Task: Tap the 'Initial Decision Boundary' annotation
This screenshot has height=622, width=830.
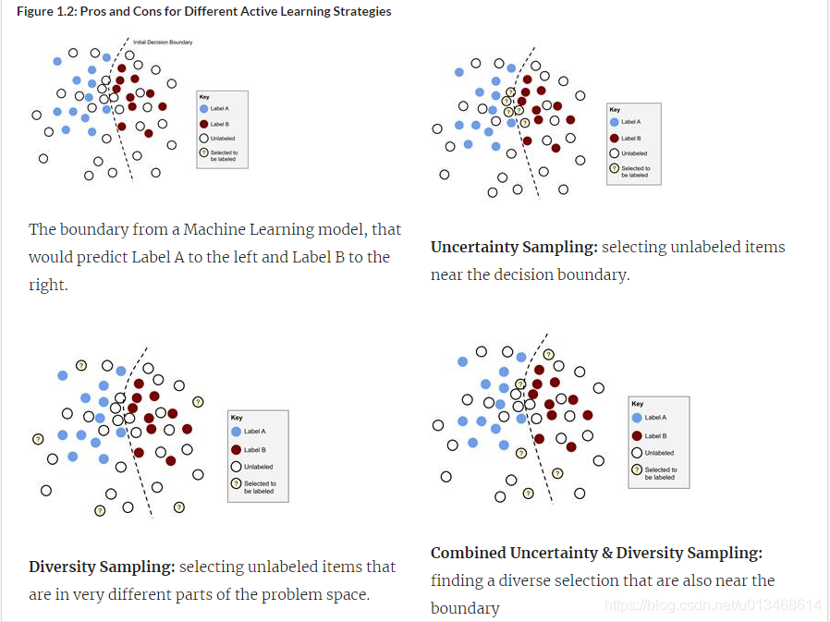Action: [x=162, y=43]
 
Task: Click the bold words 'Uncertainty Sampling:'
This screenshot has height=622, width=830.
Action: [x=514, y=248]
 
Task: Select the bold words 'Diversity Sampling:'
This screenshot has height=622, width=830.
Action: [x=102, y=567]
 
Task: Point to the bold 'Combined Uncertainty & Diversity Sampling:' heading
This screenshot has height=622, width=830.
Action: [x=596, y=553]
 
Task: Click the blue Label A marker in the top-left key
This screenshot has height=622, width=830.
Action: [x=203, y=108]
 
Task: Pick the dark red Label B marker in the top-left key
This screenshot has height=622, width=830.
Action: [x=203, y=123]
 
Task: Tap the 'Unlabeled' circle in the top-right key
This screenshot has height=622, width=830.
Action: [x=614, y=153]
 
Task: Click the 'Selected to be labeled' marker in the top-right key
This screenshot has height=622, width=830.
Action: [x=614, y=169]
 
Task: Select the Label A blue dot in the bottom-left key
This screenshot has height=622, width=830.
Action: [x=236, y=432]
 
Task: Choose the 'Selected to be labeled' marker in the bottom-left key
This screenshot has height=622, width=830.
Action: [x=236, y=483]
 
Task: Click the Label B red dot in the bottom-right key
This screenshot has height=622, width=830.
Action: [x=637, y=435]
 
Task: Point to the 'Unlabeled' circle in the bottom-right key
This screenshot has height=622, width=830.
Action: [x=637, y=453]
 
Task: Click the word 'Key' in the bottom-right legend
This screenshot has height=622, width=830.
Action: [x=638, y=404]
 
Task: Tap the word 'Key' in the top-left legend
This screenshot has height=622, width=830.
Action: [x=204, y=96]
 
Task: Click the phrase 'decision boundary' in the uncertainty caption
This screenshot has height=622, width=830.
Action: [x=568, y=275]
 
